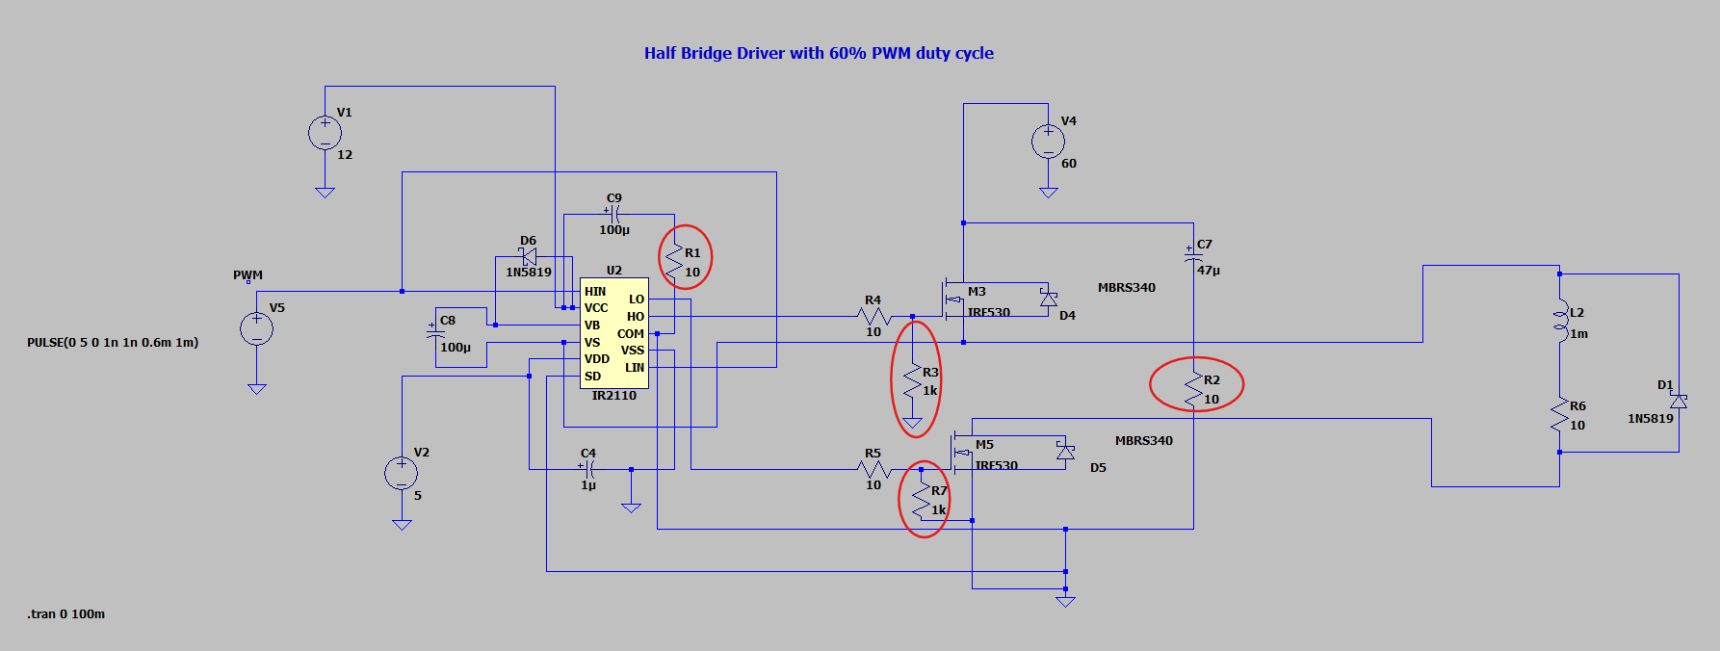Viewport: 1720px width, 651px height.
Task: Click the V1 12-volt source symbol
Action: tap(325, 133)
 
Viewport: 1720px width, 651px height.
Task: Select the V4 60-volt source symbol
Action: tap(1048, 142)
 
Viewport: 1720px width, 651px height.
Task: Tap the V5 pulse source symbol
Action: tap(256, 328)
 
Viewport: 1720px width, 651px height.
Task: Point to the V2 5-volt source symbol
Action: tap(402, 473)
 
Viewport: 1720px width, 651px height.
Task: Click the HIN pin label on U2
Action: tap(595, 291)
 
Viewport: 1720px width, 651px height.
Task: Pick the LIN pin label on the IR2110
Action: tap(635, 367)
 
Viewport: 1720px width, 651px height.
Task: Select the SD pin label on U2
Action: tap(592, 376)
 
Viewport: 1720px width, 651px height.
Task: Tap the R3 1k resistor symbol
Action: tap(912, 381)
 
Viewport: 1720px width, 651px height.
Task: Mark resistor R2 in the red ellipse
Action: tap(1193, 389)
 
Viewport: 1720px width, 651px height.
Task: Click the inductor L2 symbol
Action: tap(1559, 322)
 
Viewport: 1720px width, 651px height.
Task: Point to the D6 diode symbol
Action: tap(529, 257)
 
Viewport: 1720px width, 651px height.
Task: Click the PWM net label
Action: tap(248, 274)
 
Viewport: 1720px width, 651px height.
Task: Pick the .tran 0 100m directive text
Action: tap(66, 613)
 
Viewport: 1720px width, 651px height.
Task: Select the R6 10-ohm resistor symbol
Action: tap(1559, 415)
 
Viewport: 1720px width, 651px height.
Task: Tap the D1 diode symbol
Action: tap(1679, 401)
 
